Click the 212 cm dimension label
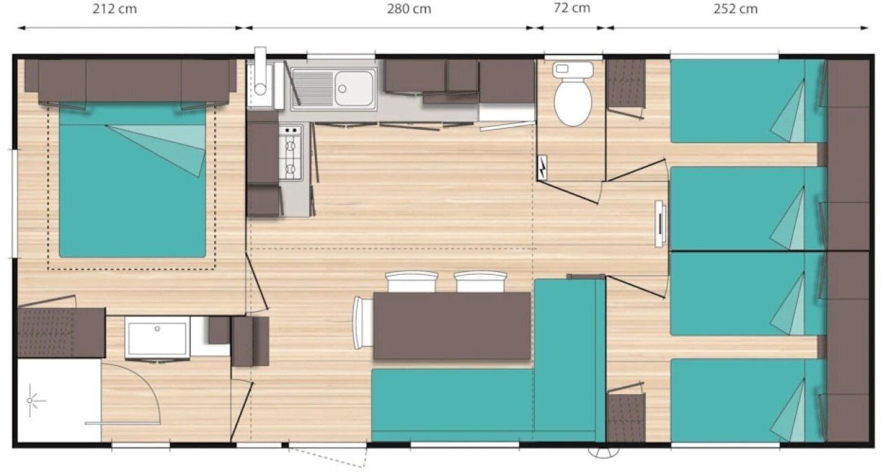point(114,9)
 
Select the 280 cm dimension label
point(409,9)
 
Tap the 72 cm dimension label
point(572,8)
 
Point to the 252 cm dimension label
point(735,9)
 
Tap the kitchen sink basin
point(354,88)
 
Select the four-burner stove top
point(291,152)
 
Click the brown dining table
point(452,326)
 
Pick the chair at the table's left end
point(363,323)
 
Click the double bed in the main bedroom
point(132,180)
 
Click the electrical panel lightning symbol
point(542,167)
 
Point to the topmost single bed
point(749,101)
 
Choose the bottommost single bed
point(749,401)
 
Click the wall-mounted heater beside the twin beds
point(659,224)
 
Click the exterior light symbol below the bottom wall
point(604,453)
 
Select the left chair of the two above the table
point(411,282)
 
